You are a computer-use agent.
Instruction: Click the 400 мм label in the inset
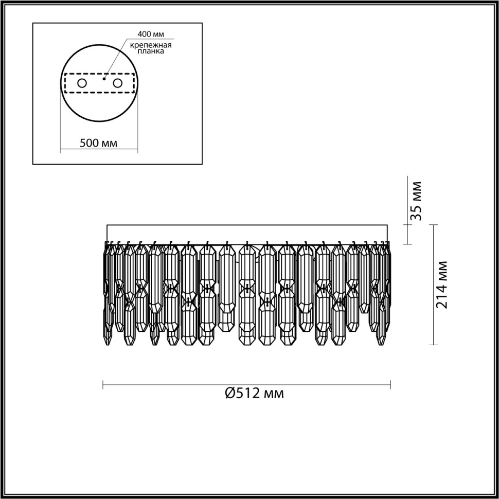(x=150, y=34)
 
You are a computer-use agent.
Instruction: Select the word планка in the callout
(x=157, y=52)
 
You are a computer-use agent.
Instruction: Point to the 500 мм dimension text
(x=98, y=143)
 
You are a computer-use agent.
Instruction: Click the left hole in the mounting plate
(x=81, y=83)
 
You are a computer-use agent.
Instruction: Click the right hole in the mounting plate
(x=118, y=83)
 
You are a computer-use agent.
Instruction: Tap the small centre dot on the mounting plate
(x=104, y=79)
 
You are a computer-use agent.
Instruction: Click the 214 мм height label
(x=441, y=284)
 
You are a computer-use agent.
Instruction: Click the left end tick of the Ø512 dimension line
(x=103, y=384)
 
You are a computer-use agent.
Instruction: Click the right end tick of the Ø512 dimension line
(x=390, y=384)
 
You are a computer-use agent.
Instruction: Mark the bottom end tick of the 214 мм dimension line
(x=435, y=345)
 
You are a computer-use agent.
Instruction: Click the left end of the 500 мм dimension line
(x=61, y=151)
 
